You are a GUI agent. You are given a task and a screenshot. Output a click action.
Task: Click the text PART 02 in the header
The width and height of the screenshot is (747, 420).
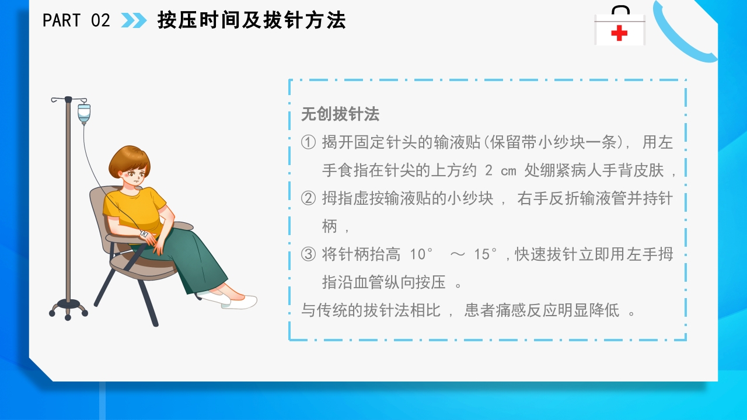click(x=76, y=20)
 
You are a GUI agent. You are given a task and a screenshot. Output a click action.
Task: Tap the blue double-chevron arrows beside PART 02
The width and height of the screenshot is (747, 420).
click(x=134, y=20)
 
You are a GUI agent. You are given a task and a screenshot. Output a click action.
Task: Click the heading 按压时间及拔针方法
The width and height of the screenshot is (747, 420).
click(x=252, y=20)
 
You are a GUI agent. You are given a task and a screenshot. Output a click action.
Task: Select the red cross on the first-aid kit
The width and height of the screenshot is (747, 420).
click(x=619, y=33)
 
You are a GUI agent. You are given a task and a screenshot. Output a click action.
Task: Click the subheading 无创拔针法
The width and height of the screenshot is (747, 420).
click(x=340, y=114)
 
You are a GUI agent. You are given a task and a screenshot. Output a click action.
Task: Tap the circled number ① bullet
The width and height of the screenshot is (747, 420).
click(x=308, y=142)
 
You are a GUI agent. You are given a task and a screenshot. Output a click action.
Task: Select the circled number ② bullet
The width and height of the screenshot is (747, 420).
click(x=308, y=198)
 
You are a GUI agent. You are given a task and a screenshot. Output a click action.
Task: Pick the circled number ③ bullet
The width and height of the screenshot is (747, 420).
click(x=308, y=254)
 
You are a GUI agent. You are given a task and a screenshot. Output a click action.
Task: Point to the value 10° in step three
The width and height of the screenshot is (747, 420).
click(x=423, y=254)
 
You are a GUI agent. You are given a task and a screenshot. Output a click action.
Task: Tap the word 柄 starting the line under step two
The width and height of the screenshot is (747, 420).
click(x=330, y=226)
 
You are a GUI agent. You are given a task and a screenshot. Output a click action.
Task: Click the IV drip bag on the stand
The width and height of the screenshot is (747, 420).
click(x=84, y=114)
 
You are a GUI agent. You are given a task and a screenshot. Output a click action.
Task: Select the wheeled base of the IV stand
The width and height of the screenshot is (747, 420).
click(x=68, y=307)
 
